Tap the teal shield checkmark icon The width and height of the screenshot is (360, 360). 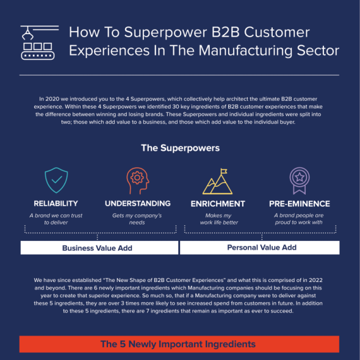pos(56,180)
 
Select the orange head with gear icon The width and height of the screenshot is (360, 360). pos(138,181)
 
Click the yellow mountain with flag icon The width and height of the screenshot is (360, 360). pos(217,181)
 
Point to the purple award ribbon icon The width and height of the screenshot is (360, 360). pos(300,181)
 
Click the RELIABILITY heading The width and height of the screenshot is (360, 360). pos(56,203)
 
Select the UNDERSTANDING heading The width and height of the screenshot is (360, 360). pos(138,203)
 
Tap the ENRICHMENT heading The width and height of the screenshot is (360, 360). pos(218,204)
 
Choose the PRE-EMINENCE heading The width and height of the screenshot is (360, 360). pos(300,204)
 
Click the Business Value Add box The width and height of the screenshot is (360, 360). pos(99,248)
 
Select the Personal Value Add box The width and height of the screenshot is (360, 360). pos(260,248)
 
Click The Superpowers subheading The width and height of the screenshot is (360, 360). pos(181,148)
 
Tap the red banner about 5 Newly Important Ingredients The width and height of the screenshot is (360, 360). pos(179,344)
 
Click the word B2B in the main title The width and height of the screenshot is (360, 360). pos(225,32)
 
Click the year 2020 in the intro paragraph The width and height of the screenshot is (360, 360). pos(52,99)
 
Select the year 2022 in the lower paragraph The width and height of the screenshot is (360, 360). pos(315,280)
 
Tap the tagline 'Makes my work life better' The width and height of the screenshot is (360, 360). pos(218,219)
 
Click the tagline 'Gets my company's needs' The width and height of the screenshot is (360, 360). pos(137,219)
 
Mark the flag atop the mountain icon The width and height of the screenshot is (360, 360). pos(223,171)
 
